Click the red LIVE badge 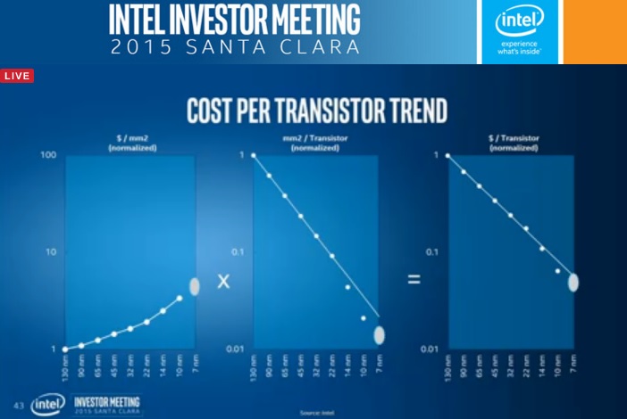click(17, 76)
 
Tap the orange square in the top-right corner click(596, 31)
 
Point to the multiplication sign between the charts click(223, 280)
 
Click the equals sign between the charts click(414, 279)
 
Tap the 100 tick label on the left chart click(48, 156)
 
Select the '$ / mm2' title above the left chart click(130, 139)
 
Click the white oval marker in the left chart click(195, 286)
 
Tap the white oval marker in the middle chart click(379, 334)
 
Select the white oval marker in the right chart click(573, 282)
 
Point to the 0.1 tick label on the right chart click(435, 252)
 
